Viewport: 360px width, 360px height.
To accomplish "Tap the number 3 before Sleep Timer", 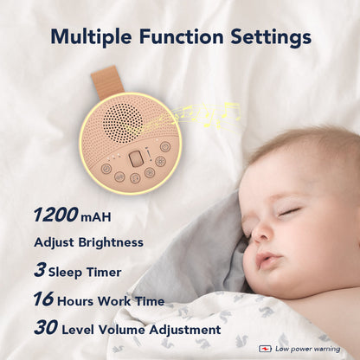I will click(40, 271).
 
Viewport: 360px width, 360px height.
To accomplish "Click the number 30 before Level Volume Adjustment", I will click(45, 329).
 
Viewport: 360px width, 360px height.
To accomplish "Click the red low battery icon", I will click(266, 349).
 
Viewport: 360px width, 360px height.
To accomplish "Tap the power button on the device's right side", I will click(165, 146).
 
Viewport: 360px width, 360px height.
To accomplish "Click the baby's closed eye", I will click(289, 211).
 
